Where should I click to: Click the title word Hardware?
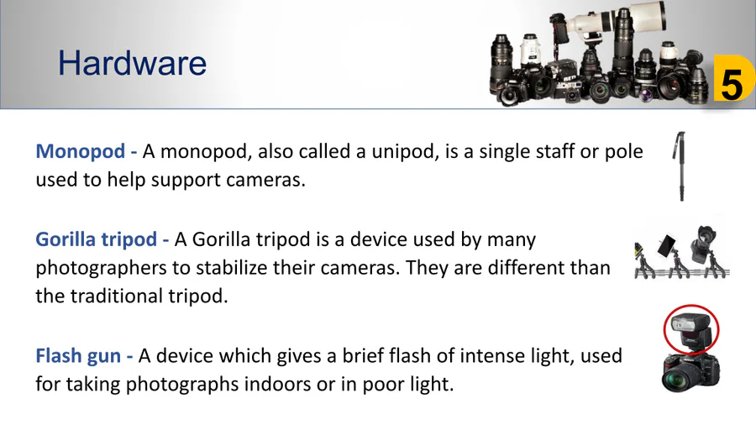(132, 64)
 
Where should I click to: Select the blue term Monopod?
(81, 152)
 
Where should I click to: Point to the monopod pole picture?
(680, 165)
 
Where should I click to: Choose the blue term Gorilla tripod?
(97, 239)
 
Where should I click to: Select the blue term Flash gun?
(78, 356)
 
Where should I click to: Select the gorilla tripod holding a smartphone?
(674, 255)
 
